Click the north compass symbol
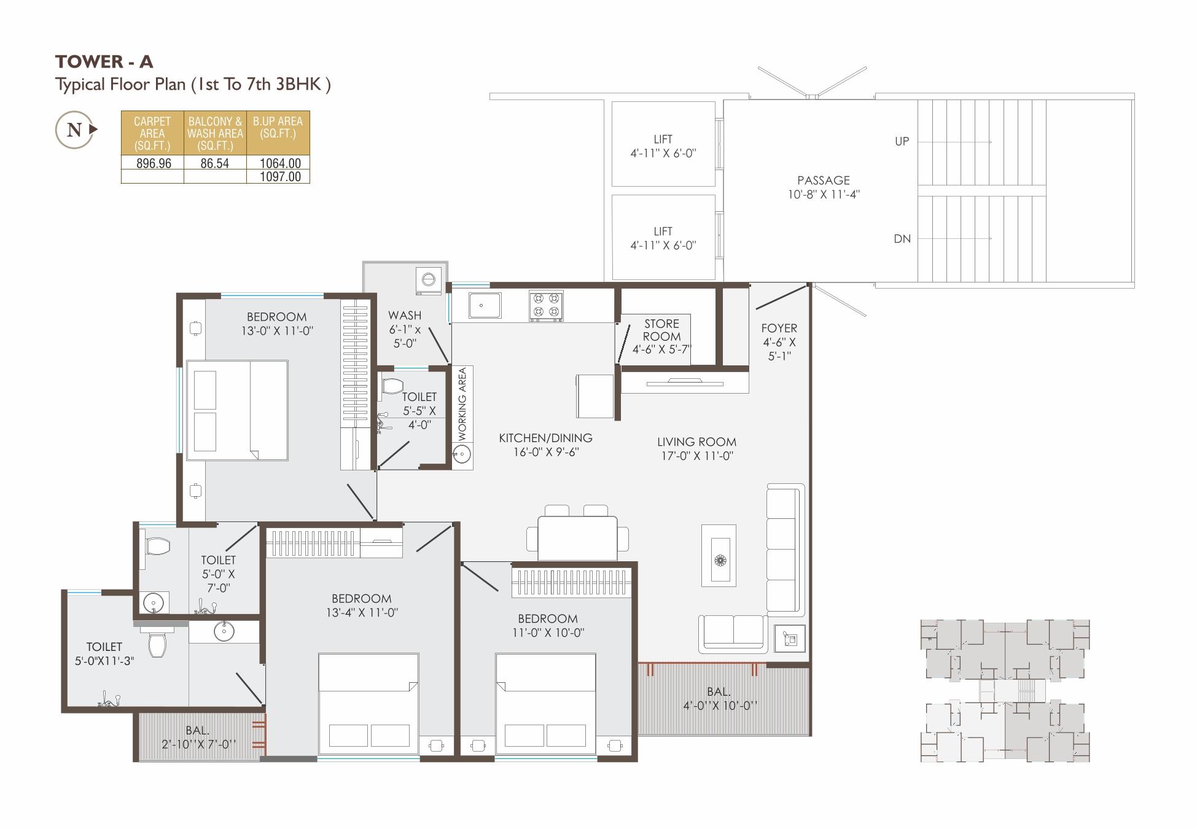click(76, 130)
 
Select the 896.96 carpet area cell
click(153, 163)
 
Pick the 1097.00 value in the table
click(280, 177)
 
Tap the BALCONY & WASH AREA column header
click(215, 133)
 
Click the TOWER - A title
click(104, 61)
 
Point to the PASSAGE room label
click(824, 181)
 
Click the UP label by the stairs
click(902, 141)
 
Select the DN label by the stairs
click(902, 239)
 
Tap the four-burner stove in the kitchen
click(546, 306)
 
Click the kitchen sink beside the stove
click(485, 305)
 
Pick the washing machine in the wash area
click(429, 280)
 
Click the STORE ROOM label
click(661, 330)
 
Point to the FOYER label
click(779, 329)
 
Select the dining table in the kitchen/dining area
click(577, 538)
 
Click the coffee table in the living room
click(719, 556)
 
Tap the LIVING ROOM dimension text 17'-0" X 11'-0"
click(697, 456)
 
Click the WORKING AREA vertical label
click(462, 403)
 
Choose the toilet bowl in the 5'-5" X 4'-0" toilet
click(391, 386)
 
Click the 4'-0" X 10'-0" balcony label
click(720, 706)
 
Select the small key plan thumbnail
click(1005, 691)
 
